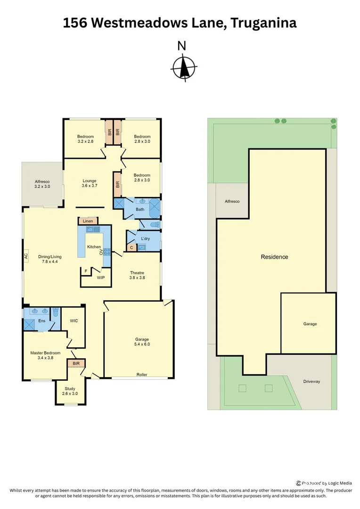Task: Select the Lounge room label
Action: [90, 183]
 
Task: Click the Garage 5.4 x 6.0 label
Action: [142, 342]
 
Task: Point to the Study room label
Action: [71, 391]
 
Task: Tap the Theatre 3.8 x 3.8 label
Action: [137, 275]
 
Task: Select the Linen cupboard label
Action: [88, 221]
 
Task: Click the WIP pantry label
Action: [101, 278]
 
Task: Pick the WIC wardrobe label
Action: [74, 321]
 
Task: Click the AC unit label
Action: [26, 256]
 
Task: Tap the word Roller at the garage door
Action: [142, 375]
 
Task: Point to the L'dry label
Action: [145, 238]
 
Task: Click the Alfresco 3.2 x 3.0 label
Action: [42, 184]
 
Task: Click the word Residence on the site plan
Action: [274, 257]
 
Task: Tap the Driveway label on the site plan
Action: [311, 381]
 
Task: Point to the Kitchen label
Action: [94, 246]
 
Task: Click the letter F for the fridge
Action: [86, 271]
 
